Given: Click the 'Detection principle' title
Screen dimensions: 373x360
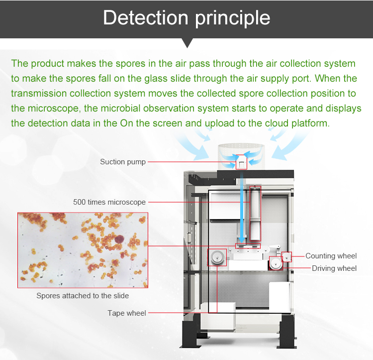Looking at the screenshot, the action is [x=186, y=18].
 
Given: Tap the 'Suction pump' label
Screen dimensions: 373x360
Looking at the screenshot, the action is [x=123, y=162].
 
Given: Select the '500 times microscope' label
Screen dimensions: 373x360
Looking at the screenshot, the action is [x=109, y=202].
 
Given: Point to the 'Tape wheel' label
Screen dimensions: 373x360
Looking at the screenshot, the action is [x=127, y=313].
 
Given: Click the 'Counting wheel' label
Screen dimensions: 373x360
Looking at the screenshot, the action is [x=331, y=256].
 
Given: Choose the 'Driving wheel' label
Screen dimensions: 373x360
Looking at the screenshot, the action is [x=334, y=268].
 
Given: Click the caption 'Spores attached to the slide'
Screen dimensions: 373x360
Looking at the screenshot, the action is [x=83, y=296].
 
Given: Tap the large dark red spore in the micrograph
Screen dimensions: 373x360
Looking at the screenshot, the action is [x=119, y=239].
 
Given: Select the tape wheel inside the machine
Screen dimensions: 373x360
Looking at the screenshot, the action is [x=217, y=257].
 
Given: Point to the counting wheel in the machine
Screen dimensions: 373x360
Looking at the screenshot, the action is [x=286, y=257].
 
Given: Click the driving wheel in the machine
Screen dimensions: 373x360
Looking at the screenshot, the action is [x=276, y=263].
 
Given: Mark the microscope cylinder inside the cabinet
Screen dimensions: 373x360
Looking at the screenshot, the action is [x=255, y=213].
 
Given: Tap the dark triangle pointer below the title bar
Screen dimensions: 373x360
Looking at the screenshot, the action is [x=187, y=43].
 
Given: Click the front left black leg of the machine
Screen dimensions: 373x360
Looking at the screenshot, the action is [x=190, y=332].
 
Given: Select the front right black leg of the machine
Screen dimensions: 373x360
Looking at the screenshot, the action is [x=287, y=332].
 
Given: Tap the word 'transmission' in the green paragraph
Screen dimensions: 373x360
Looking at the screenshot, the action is [x=39, y=93].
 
